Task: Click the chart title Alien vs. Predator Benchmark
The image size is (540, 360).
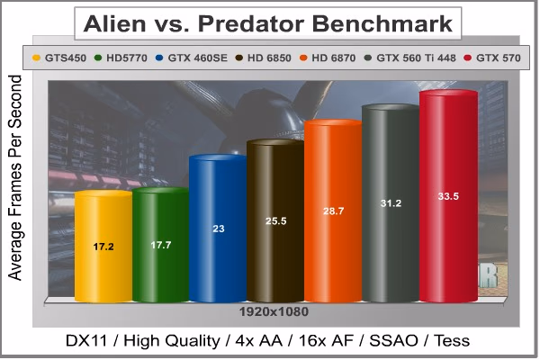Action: click(267, 23)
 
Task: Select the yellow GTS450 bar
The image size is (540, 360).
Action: click(103, 247)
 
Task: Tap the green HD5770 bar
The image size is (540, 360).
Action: click(161, 245)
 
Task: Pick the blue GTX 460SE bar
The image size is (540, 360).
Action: click(219, 229)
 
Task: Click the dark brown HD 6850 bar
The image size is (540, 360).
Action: click(275, 220)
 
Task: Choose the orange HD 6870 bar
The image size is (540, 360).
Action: click(333, 211)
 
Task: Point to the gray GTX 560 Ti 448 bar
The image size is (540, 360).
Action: click(391, 203)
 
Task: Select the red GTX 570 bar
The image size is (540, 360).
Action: click(448, 196)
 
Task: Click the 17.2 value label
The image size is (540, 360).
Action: click(103, 247)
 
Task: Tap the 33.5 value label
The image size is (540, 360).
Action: click(448, 196)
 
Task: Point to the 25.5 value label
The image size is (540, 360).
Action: click(276, 220)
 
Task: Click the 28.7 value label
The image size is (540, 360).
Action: click(333, 211)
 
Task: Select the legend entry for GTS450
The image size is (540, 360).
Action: click(59, 58)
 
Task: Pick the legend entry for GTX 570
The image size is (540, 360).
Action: click(492, 58)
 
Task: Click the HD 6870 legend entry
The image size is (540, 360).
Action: click(328, 58)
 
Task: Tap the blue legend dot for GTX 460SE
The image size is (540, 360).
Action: click(159, 58)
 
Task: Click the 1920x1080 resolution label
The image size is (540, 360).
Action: click(274, 311)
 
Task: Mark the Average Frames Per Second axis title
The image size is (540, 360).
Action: click(14, 178)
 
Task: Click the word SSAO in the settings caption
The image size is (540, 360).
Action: click(393, 341)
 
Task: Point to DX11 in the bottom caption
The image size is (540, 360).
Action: click(86, 341)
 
